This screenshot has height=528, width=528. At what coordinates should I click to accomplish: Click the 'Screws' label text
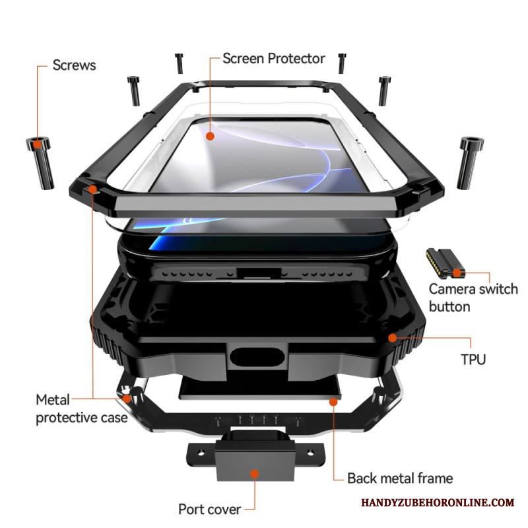74,65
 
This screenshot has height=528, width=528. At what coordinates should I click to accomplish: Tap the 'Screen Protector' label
273,58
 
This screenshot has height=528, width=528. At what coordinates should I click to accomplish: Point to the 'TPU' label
473,359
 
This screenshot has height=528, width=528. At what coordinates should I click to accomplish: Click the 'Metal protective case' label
81,409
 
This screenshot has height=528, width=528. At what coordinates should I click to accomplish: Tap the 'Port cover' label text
209,509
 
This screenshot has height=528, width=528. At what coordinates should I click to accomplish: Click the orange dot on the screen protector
210,136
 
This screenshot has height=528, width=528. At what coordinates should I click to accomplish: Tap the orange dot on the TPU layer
393,338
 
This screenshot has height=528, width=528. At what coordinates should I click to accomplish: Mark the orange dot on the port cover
255,473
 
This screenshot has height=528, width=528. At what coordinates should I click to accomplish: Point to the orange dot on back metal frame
333,401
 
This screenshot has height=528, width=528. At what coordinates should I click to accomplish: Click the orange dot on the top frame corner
93,189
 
